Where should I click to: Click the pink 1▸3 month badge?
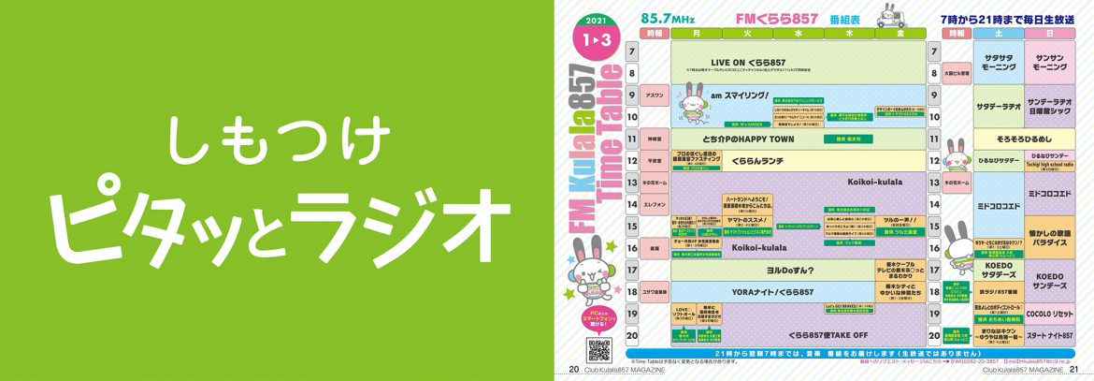[x=595, y=38]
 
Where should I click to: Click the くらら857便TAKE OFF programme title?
[x=801, y=334]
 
